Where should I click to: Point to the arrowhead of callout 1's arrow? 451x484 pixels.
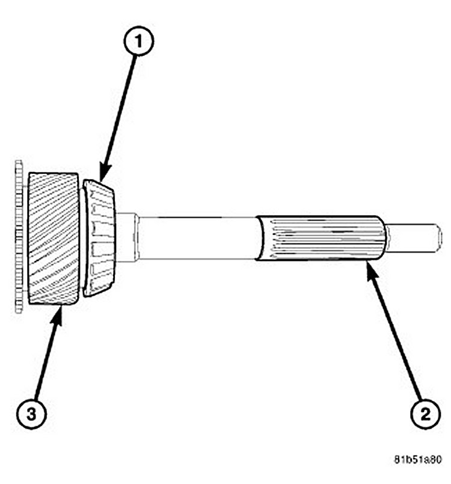102,178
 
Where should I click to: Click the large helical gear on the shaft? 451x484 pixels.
53,239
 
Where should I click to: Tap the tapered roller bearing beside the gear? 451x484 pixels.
99,238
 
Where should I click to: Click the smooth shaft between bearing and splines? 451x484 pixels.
198,238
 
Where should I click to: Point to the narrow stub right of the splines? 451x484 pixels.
412,238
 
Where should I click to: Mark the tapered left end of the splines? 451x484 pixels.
260,238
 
